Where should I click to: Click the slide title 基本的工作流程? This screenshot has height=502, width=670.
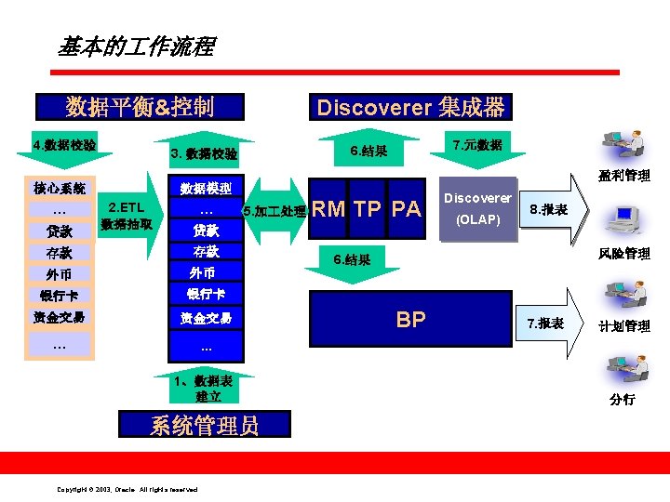tap(136, 46)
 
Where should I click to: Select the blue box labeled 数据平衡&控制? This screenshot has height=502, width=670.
tap(140, 107)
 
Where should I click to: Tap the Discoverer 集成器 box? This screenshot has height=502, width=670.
tap(410, 108)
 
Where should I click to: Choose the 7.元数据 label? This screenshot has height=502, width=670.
tap(476, 145)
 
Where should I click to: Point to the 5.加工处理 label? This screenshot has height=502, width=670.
tap(274, 211)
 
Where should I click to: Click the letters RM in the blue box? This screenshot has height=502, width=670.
tap(328, 209)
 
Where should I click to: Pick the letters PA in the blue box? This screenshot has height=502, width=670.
tap(406, 209)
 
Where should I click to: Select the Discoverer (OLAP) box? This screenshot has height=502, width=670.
tap(477, 209)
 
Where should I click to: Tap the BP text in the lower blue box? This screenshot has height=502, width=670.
tap(410, 320)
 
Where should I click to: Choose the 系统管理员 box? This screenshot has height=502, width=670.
tap(205, 426)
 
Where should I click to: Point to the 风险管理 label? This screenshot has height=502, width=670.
tap(624, 253)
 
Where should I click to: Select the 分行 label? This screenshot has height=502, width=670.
tap(623, 399)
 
